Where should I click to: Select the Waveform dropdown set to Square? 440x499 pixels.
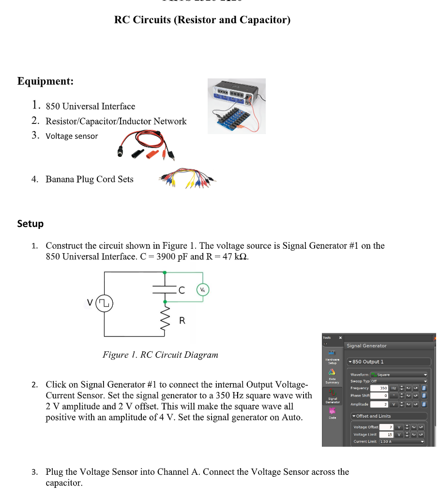click(399, 375)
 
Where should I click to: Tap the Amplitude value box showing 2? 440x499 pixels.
click(380, 404)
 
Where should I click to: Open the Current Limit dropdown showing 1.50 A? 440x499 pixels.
click(402, 441)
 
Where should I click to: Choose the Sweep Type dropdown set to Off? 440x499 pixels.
click(399, 381)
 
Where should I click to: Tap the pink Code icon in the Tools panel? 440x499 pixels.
click(332, 411)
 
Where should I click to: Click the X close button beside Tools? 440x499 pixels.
click(340, 337)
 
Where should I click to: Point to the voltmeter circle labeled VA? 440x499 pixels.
click(203, 289)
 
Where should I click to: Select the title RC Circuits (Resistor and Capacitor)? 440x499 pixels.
click(202, 20)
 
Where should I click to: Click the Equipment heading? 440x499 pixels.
click(46, 81)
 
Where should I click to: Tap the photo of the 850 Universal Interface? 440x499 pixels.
click(237, 106)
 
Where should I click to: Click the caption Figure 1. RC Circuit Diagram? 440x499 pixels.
click(160, 355)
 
